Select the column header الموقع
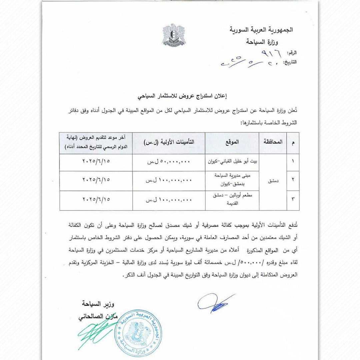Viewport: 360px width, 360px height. [x=232, y=142]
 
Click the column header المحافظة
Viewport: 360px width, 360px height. [x=273, y=142]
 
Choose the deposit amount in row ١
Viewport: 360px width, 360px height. [x=169, y=162]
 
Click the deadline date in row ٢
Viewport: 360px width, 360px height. [x=96, y=180]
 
